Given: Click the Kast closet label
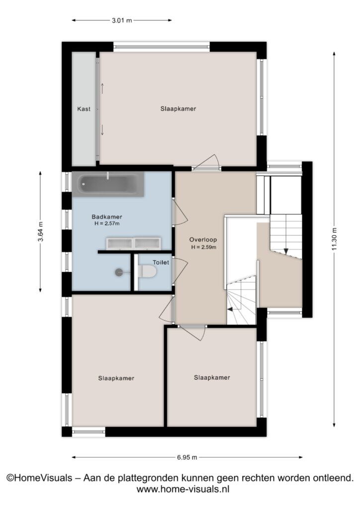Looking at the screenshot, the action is (84, 109).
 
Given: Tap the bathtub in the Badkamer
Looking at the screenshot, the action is (108, 184).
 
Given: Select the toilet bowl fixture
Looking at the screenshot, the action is (148, 271).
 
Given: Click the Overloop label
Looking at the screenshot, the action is (203, 240).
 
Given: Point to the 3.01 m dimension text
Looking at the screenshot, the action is (122, 20).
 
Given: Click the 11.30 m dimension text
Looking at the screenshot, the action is (334, 239).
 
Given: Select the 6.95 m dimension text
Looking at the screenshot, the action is (187, 457).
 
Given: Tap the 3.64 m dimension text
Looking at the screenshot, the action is (40, 232).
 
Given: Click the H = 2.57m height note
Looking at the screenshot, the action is (107, 224).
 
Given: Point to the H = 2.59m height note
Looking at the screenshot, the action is (204, 247).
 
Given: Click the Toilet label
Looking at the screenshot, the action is (161, 262).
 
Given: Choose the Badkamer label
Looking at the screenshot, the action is (107, 217).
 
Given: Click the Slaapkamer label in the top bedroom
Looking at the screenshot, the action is (178, 109).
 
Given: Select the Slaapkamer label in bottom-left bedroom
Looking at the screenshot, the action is (116, 378).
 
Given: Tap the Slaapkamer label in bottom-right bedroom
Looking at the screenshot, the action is (212, 378).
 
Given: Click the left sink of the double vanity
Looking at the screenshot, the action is (119, 244).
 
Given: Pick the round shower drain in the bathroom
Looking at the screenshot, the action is (119, 272).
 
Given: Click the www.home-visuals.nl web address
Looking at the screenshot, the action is (183, 489).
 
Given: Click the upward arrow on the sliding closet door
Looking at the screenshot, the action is (102, 88).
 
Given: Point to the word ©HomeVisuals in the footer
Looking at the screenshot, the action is (39, 478).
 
